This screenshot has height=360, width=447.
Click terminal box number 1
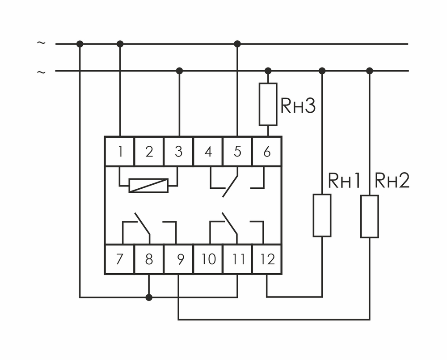(x=120, y=152)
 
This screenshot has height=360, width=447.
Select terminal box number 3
(x=179, y=152)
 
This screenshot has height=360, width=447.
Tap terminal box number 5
(x=237, y=152)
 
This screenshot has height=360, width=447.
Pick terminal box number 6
(x=267, y=152)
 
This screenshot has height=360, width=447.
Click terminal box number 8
(x=149, y=259)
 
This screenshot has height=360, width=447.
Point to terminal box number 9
(x=179, y=259)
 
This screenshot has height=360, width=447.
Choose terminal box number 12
(x=267, y=259)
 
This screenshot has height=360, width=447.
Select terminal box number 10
(x=208, y=259)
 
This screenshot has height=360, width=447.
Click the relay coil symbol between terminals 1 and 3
(x=148, y=185)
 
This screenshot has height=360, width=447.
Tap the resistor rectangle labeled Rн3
(x=268, y=104)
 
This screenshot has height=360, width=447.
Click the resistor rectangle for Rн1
(x=322, y=215)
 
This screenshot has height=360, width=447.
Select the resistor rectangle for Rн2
(x=370, y=216)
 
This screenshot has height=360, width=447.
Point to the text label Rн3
(x=298, y=106)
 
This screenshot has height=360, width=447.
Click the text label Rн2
(x=392, y=181)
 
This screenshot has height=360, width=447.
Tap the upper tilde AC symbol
(x=41, y=43)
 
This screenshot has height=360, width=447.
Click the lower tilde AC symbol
(x=41, y=72)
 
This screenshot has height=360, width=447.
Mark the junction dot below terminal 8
(x=149, y=297)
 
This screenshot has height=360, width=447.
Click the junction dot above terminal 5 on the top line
(x=237, y=44)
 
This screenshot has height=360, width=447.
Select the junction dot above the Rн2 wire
(x=369, y=71)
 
